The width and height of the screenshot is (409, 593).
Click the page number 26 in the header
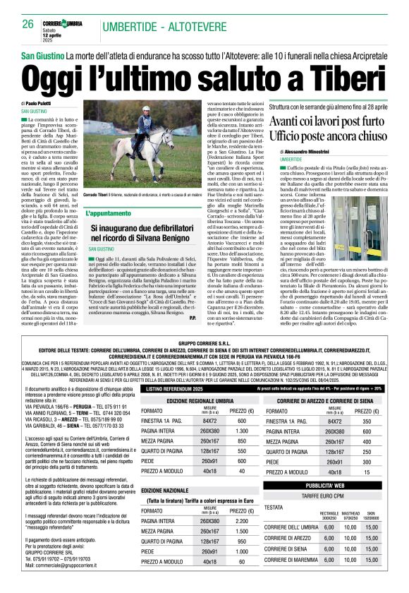[28, 25]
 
